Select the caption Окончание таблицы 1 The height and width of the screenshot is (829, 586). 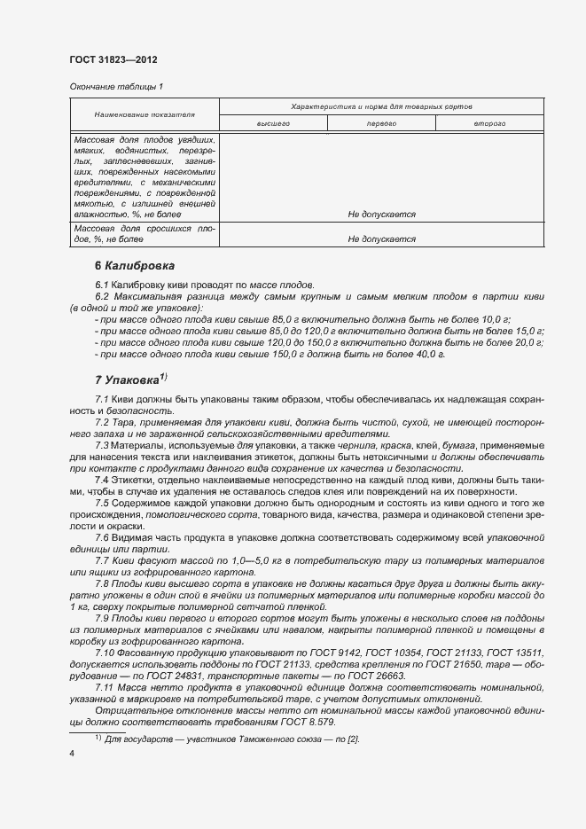coord(116,86)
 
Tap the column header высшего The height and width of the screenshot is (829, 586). coord(273,124)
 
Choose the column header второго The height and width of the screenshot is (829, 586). coord(489,124)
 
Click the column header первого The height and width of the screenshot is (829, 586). coord(381,124)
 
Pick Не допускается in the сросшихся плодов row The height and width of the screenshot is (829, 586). coord(381,239)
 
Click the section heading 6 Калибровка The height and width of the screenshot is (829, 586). coord(134,265)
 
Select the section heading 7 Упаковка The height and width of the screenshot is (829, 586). coord(129,379)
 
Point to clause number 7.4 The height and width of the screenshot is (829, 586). coord(102,480)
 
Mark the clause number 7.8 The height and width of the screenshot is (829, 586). coord(102,582)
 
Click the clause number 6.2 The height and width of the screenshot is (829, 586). coord(102,296)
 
